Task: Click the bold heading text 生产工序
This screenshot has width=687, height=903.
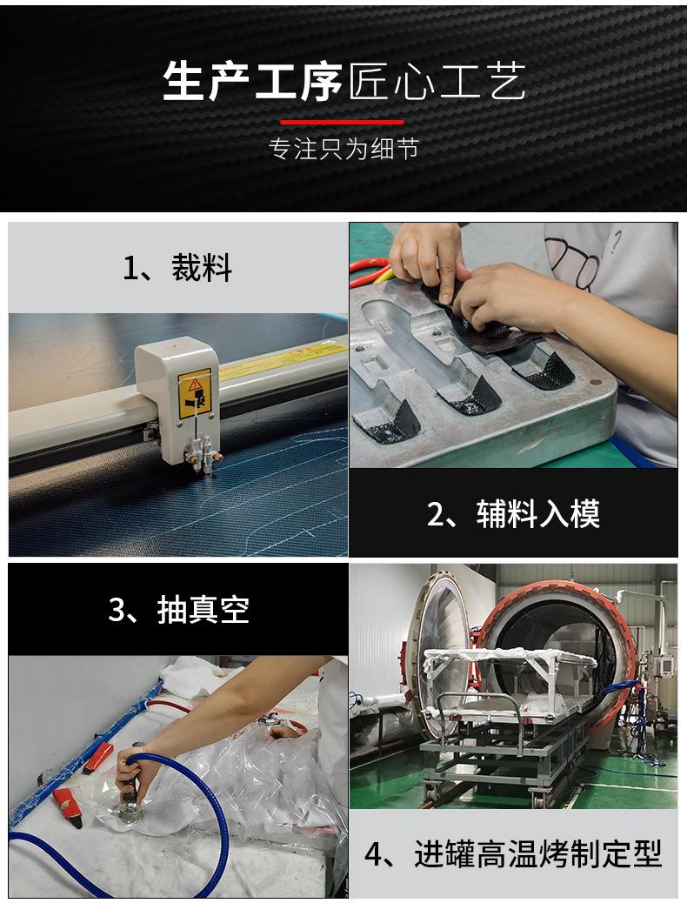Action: point(253,83)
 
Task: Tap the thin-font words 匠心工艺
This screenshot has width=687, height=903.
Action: point(437,83)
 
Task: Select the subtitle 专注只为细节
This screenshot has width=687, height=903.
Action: point(343,150)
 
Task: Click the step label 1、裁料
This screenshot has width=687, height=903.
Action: point(177,268)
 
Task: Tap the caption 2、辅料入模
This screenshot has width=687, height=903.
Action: point(513,514)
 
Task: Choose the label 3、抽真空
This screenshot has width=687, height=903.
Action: point(178,610)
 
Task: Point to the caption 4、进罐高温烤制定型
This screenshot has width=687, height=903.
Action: point(513,853)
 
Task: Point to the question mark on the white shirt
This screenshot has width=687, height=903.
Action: point(616,238)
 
